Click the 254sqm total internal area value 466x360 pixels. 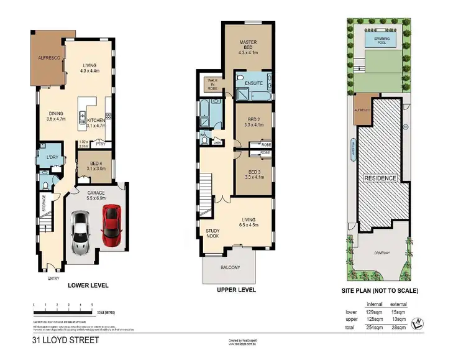tap(372, 326)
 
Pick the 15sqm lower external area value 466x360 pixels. tap(398, 311)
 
